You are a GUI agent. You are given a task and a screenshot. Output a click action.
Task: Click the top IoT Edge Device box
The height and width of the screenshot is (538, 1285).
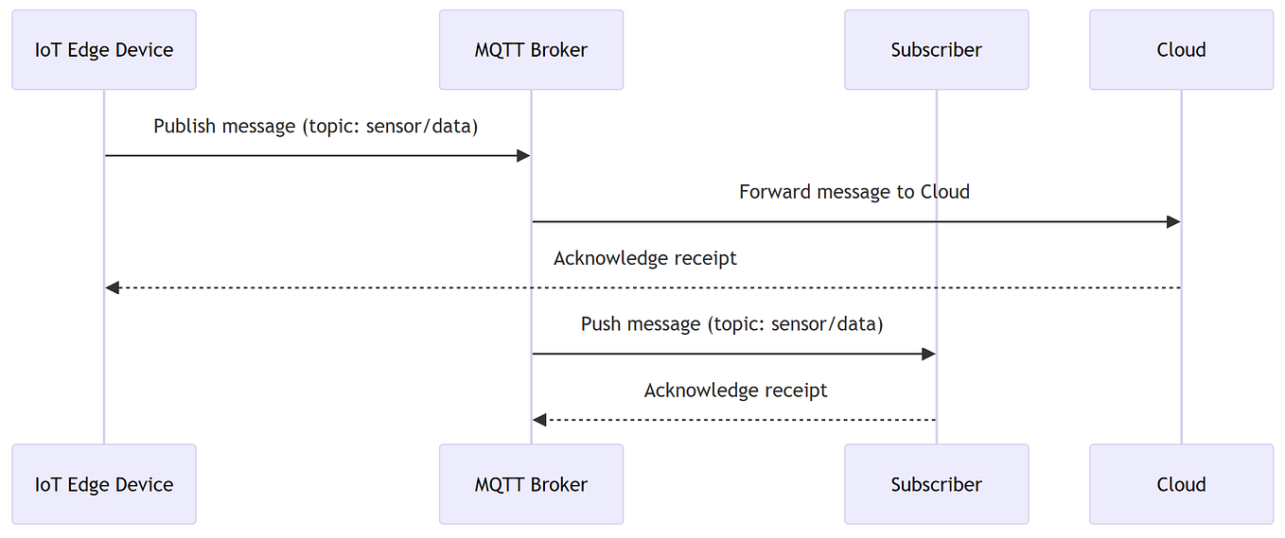click(104, 50)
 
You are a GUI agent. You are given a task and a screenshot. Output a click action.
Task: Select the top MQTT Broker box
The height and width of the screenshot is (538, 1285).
click(531, 50)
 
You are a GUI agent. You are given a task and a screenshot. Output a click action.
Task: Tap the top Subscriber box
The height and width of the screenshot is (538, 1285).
click(936, 50)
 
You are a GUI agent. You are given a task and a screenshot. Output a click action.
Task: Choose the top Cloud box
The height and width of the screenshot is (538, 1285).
click(1181, 50)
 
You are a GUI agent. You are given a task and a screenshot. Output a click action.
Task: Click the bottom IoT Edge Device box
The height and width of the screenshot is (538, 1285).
click(104, 484)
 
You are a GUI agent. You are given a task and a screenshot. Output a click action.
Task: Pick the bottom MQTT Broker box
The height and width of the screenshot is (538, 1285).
click(531, 484)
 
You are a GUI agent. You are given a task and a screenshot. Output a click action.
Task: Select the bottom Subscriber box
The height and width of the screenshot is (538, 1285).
click(936, 484)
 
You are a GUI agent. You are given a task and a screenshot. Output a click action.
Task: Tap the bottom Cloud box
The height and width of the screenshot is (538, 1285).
click(1181, 484)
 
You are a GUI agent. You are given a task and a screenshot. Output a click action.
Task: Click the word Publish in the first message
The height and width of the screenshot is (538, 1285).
click(185, 126)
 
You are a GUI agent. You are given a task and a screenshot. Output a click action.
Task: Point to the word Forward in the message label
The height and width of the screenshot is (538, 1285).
click(773, 192)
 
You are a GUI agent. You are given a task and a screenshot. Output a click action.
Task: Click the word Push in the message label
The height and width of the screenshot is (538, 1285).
click(601, 324)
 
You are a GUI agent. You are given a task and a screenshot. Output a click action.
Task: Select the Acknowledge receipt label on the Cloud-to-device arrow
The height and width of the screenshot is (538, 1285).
click(644, 258)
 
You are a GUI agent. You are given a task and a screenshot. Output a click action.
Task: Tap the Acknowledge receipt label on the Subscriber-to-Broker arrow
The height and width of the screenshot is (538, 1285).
click(735, 390)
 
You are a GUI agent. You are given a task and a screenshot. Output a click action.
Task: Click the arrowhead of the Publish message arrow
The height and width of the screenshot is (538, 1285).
click(523, 155)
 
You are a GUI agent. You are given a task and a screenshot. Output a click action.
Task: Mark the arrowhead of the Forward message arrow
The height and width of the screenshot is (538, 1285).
click(1173, 221)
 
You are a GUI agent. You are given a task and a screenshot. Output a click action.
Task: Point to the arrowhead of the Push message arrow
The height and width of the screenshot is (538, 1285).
click(928, 354)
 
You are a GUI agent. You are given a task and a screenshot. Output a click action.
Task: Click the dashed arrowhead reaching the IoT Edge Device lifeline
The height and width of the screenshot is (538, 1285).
click(112, 287)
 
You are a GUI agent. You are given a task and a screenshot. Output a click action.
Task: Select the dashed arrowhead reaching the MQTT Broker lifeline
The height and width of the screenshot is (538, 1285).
click(539, 420)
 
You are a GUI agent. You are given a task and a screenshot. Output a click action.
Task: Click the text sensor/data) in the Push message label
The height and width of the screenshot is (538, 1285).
click(827, 324)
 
